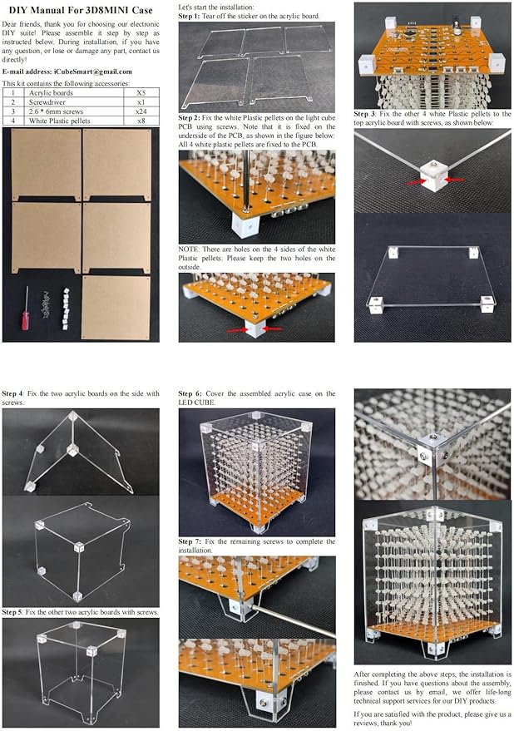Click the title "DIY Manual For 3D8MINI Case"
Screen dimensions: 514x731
pyautogui.click(x=81, y=10)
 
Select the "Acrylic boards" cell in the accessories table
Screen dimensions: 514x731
pyautogui.click(x=51, y=93)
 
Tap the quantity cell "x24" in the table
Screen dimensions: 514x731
pyautogui.click(x=141, y=111)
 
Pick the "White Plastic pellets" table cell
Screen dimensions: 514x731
pyautogui.click(x=59, y=121)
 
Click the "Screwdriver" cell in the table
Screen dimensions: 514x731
pyautogui.click(x=47, y=102)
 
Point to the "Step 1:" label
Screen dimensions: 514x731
pyautogui.click(x=189, y=16)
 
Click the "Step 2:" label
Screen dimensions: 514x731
pyautogui.click(x=189, y=118)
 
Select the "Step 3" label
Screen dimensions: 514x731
pyautogui.click(x=364, y=114)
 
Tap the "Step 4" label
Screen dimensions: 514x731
pyautogui.click(x=12, y=393)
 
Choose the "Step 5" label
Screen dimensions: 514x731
pyautogui.click(x=12, y=611)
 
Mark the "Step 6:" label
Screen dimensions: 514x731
pyautogui.click(x=189, y=393)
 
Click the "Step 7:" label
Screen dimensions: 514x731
pyautogui.click(x=189, y=541)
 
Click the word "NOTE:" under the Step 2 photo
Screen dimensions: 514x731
pyautogui.click(x=189, y=249)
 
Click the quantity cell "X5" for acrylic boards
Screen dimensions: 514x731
pyautogui.click(x=141, y=93)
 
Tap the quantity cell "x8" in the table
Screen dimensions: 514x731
pyautogui.click(x=141, y=121)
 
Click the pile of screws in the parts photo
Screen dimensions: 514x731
pyautogui.click(x=47, y=305)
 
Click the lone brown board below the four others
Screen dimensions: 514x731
pyautogui.click(x=116, y=308)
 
